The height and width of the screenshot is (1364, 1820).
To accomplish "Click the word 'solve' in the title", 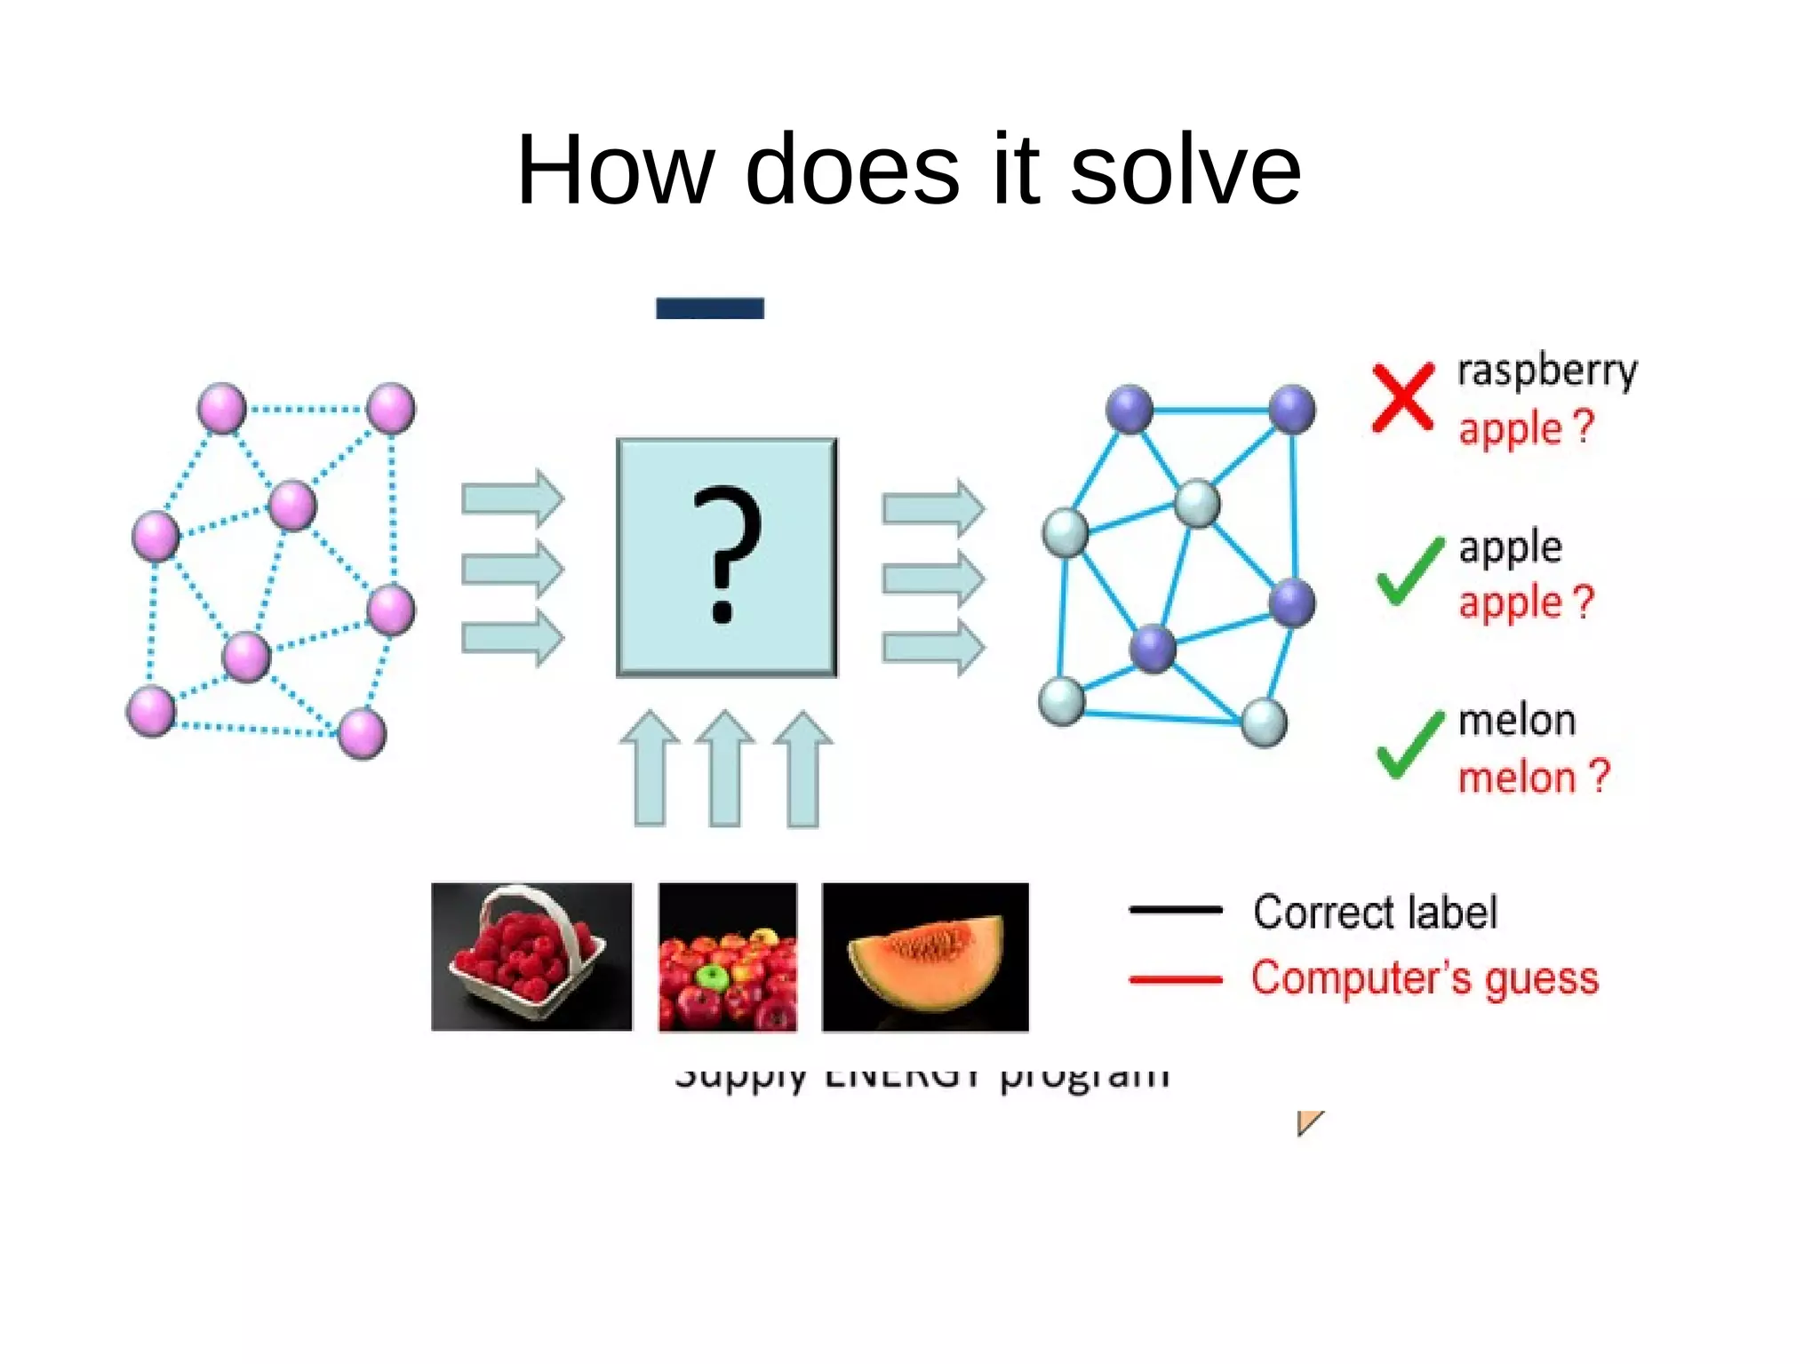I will pos(1185,169).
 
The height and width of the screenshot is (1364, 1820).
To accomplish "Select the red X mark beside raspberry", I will pos(1402,397).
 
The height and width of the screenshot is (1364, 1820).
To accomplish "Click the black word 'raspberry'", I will pos(1546,371).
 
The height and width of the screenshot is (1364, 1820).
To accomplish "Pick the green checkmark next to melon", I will pos(1409,745).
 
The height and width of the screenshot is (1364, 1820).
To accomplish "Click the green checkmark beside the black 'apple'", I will pos(1409,571).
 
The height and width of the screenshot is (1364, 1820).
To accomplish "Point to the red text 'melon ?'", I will pos(1534,777).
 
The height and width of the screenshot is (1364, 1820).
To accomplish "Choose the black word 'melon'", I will pos(1517,721).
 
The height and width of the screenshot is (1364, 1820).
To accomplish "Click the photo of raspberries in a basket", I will pos(531,956).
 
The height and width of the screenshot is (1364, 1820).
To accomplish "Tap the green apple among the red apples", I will pos(711,977).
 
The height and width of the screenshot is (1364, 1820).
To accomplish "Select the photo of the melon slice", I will pos(925,956).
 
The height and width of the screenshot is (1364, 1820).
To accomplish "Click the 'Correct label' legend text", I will pos(1375,913).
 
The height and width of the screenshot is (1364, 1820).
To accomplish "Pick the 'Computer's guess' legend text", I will pos(1425,978).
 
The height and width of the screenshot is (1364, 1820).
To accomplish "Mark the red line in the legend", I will pos(1175,980).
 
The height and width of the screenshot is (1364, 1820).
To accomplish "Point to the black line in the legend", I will pos(1175,910).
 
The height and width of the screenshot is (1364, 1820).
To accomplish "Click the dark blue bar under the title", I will pos(710,307).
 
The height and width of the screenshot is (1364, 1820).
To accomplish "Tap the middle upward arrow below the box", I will pos(726,769).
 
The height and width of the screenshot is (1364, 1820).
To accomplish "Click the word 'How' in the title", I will pos(615,169).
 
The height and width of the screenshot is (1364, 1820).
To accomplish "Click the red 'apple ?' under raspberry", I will pos(1526,428).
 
